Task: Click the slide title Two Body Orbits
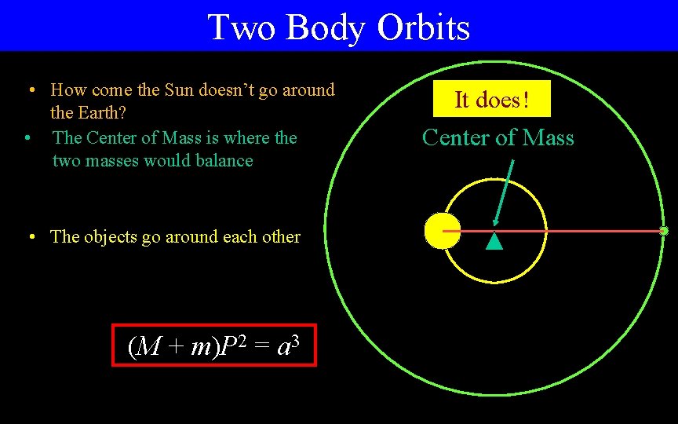tap(338, 27)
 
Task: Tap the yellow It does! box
tap(492, 100)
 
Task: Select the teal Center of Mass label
tap(498, 138)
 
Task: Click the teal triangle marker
tap(494, 241)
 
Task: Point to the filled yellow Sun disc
tap(439, 232)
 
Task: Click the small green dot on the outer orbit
tap(664, 231)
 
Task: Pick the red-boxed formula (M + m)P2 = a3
tap(213, 345)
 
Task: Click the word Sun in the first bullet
tap(179, 90)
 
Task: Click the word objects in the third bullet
tap(110, 237)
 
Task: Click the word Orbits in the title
tap(423, 27)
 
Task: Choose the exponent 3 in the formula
tap(296, 338)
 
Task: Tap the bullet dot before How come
tap(29, 90)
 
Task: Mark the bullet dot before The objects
tap(29, 237)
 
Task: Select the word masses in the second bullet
tap(113, 161)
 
